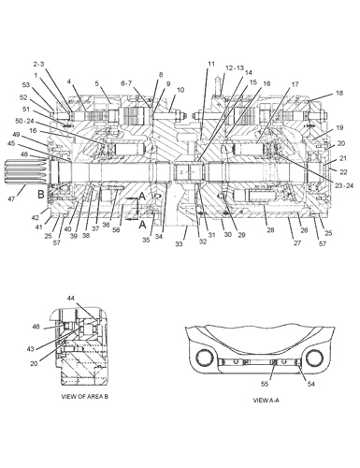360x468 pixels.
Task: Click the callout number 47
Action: click(x=11, y=198)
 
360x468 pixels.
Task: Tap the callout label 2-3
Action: click(x=39, y=64)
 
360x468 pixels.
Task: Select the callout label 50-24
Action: click(x=23, y=121)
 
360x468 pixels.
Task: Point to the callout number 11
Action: click(x=211, y=64)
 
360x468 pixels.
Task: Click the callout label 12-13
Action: click(x=235, y=68)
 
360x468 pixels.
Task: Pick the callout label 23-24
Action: click(x=345, y=185)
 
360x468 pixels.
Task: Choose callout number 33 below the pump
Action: click(x=179, y=244)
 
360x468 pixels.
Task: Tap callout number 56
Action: click(x=116, y=230)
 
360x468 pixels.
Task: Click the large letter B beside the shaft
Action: click(x=41, y=195)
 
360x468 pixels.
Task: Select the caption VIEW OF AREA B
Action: click(x=85, y=397)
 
